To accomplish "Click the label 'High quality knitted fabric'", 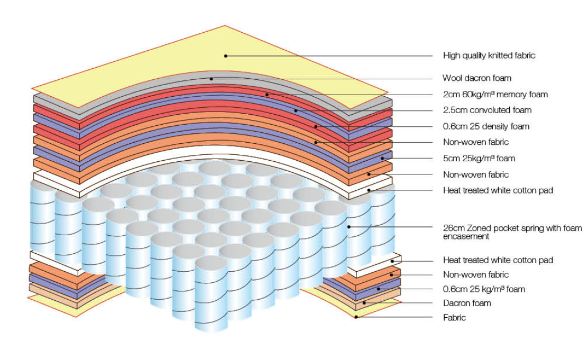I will (489, 56).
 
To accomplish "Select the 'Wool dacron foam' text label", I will (477, 78).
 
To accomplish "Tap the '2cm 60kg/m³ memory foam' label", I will (495, 95).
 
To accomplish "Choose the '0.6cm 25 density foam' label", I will (486, 126).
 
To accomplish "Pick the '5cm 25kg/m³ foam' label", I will (479, 159).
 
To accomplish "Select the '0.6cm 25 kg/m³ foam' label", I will (484, 289).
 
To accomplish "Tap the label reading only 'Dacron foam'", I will (467, 303).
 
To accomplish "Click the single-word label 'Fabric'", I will (454, 318).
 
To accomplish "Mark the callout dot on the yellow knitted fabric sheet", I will (225, 56).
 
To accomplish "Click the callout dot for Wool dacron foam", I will (211, 79).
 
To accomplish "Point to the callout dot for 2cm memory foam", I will (267, 95).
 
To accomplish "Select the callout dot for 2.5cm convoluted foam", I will (296, 110).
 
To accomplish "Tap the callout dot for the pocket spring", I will (349, 227).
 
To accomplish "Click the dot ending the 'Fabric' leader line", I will (356, 317).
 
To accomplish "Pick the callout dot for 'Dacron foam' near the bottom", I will (363, 303).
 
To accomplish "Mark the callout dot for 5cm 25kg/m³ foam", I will (382, 159).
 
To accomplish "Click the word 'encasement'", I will (465, 237).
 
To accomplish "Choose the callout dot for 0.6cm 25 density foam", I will (316, 126).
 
